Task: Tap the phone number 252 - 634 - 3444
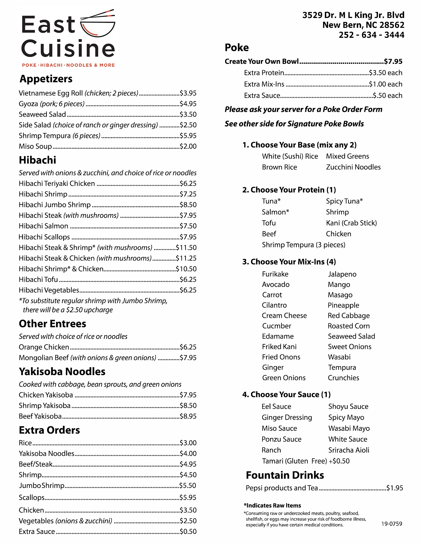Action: click(x=371, y=35)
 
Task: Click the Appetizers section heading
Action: click(x=46, y=79)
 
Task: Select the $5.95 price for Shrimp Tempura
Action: click(x=188, y=136)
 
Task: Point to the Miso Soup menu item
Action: click(x=35, y=146)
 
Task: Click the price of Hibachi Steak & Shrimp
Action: click(x=186, y=248)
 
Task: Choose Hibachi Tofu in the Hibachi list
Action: click(x=38, y=280)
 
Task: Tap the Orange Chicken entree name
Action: click(x=44, y=347)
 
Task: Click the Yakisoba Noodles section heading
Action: click(x=62, y=372)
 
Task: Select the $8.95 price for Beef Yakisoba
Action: click(x=188, y=416)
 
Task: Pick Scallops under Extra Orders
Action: click(x=31, y=497)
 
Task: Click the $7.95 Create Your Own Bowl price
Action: click(x=393, y=61)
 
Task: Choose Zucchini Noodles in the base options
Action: click(x=353, y=167)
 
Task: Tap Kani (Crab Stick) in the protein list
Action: click(x=351, y=223)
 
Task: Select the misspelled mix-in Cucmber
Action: click(x=276, y=326)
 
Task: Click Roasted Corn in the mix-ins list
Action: click(x=349, y=326)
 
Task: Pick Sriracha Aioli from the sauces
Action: click(x=349, y=450)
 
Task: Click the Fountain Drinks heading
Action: click(x=285, y=475)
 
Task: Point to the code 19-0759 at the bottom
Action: click(x=392, y=524)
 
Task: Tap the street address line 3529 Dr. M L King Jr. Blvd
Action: click(x=353, y=15)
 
